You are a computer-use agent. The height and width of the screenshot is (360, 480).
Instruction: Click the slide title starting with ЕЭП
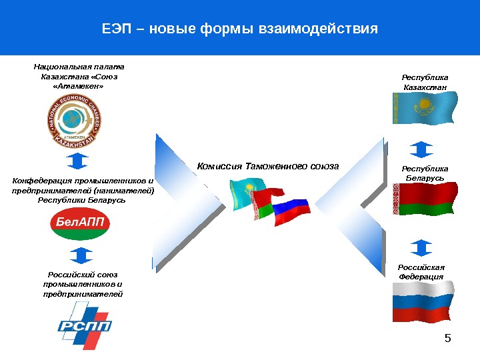click(x=239, y=29)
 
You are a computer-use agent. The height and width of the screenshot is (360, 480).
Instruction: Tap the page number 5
click(x=448, y=339)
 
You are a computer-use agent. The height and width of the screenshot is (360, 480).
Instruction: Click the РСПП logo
click(x=83, y=325)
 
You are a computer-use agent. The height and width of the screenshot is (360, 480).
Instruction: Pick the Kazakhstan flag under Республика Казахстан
click(x=425, y=107)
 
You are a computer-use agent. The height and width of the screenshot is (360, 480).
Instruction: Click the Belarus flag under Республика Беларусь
click(x=425, y=199)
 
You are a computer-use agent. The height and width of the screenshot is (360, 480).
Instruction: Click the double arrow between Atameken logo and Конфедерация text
click(x=79, y=161)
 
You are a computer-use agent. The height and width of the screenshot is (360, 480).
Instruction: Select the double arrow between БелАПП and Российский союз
click(x=80, y=255)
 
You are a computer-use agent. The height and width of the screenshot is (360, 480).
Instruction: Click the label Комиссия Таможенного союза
click(x=267, y=166)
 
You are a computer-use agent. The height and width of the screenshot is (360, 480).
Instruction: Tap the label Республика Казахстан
click(x=425, y=82)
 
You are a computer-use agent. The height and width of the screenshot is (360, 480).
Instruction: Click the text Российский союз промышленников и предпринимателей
click(x=83, y=283)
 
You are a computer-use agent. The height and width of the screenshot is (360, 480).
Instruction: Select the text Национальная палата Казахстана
click(x=79, y=76)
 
